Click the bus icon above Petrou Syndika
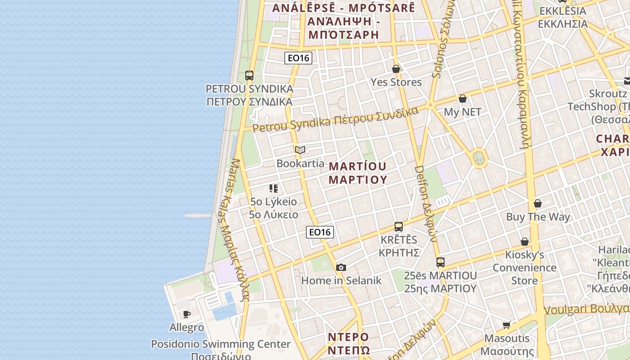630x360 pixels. pos(249,75)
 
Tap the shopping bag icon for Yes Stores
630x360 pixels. pos(396,69)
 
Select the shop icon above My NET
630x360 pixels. pos(462,99)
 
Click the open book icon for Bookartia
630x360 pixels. pos(300,150)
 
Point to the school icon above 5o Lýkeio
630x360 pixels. pos(274,188)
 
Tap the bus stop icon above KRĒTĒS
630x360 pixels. pos(399,226)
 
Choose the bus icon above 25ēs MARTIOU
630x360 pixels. pos(440,262)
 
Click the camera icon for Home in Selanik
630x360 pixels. pos(341,268)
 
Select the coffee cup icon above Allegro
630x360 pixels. pos(187,314)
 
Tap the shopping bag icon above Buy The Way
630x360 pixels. pos(538,203)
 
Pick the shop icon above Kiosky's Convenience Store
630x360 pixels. pos(524,242)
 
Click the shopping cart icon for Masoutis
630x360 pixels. pos(507,325)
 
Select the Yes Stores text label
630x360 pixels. pos(396,82)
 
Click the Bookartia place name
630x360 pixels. pos(300,163)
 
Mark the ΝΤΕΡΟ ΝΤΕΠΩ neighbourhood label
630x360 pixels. pos(348,343)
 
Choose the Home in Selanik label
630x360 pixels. pos(341,281)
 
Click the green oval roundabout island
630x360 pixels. pos(479,158)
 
